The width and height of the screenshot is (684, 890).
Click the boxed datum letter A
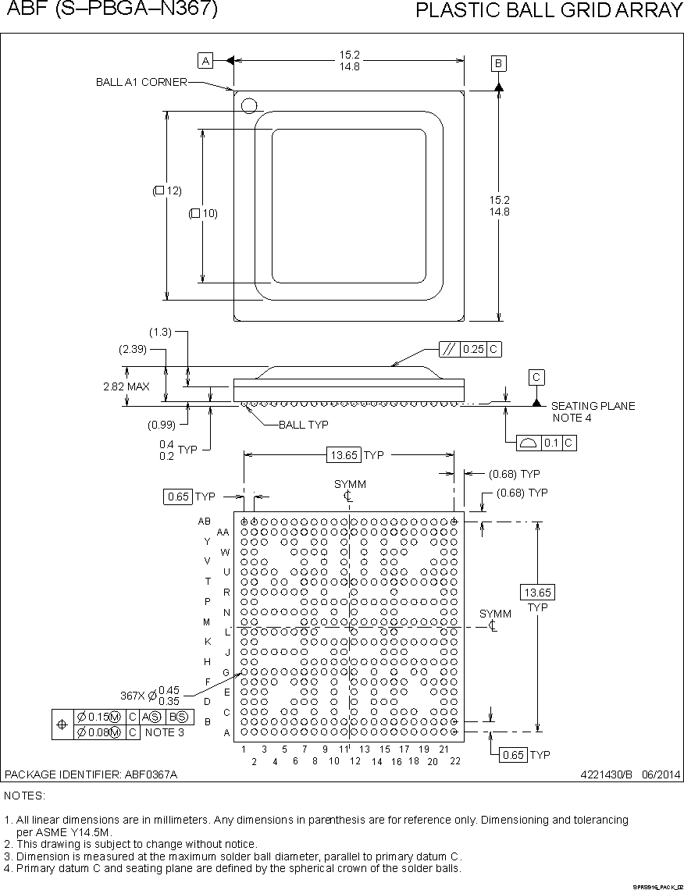(205, 61)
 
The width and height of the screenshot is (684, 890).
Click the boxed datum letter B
(499, 63)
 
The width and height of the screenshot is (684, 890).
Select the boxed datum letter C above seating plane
(536, 378)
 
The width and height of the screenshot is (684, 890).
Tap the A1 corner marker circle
(248, 105)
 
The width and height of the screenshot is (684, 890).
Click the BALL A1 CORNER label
(141, 82)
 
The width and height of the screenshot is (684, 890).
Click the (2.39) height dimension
(133, 350)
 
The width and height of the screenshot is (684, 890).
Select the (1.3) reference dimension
(160, 332)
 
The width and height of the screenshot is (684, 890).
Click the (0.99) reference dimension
(161, 425)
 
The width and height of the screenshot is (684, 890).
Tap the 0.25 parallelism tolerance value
(473, 350)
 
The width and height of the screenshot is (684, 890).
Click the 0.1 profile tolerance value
(551, 443)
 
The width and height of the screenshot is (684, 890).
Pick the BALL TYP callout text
(303, 425)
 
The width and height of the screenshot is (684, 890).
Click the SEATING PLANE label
(593, 406)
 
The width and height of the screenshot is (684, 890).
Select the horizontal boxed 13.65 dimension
(344, 455)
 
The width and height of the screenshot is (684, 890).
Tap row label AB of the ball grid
(204, 521)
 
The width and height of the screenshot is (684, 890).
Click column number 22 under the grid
(454, 760)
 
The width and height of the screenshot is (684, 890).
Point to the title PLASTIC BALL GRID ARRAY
(549, 10)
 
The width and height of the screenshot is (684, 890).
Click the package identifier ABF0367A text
(91, 774)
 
